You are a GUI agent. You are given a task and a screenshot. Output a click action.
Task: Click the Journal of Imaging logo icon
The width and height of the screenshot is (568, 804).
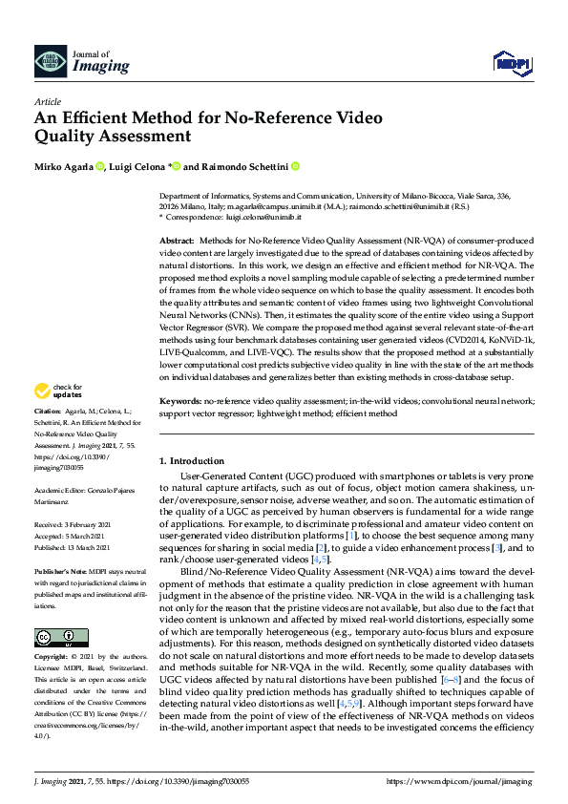(51, 60)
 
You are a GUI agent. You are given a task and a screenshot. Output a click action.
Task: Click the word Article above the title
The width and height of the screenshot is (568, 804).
(47, 100)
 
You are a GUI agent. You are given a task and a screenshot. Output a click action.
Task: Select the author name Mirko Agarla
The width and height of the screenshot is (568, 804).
(64, 166)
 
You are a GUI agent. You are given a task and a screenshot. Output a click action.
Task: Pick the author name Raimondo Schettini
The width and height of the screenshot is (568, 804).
(243, 166)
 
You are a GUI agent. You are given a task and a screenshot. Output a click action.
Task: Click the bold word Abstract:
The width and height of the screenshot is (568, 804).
(177, 241)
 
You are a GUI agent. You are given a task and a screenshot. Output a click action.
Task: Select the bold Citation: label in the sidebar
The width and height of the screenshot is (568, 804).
(50, 436)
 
